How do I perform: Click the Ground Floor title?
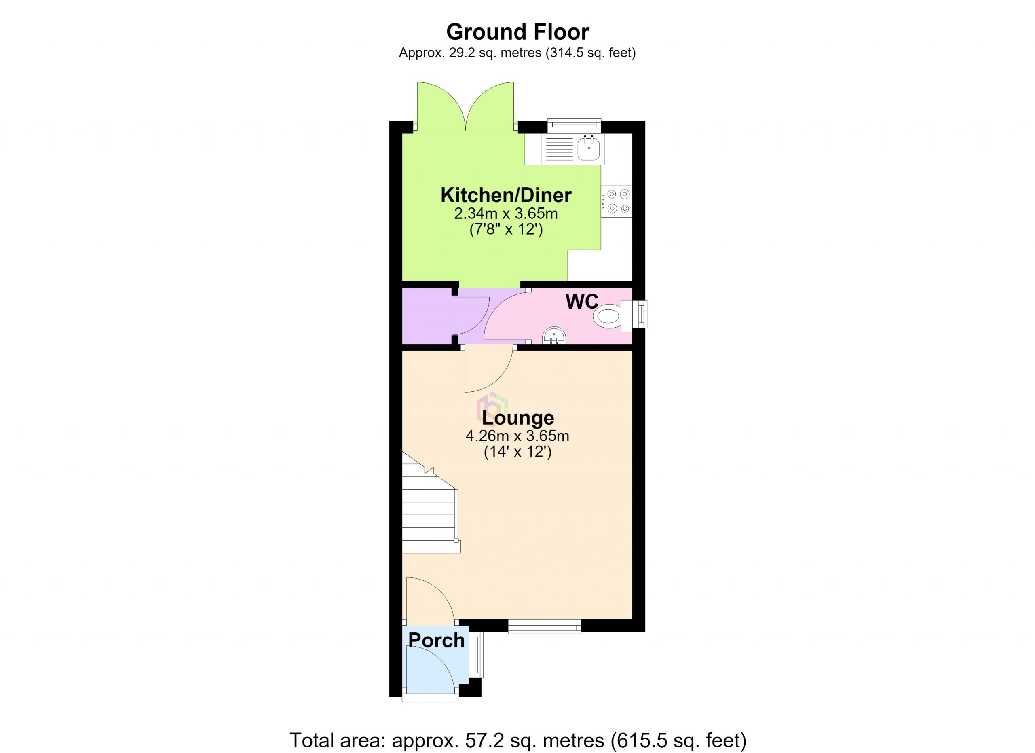tap(517, 32)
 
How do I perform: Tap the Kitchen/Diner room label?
tap(506, 195)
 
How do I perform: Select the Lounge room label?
tap(517, 418)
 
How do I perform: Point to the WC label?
tap(582, 302)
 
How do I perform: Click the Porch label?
tap(436, 640)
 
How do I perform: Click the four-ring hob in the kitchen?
tap(617, 201)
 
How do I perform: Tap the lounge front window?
tap(545, 626)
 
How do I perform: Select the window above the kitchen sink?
tap(574, 125)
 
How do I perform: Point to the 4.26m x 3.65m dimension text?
tap(517, 436)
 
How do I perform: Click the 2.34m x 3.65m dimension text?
tap(506, 214)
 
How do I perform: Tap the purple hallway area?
tap(429, 316)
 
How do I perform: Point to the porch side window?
tap(477, 654)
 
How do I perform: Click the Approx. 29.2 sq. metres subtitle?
tap(517, 53)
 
